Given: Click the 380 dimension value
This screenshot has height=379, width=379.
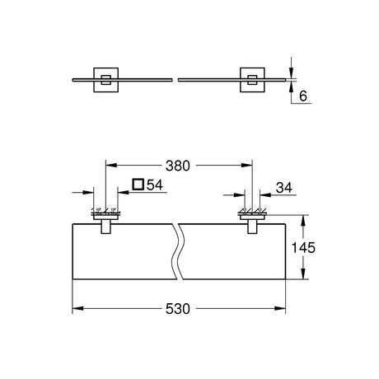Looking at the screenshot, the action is coord(178,166).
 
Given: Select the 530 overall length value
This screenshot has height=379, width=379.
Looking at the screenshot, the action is coord(178,309).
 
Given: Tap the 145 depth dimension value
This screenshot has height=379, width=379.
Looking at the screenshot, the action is coord(303,248).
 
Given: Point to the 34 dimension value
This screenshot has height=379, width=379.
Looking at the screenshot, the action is coord(284,188).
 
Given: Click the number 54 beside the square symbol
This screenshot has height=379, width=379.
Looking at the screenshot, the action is coord(155,185).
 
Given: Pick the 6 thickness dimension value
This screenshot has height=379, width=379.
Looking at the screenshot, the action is coord(303,96).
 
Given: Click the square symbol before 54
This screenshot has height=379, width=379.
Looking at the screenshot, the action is coord(138,184).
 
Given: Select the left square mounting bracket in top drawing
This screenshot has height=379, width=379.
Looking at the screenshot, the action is coord(106,80).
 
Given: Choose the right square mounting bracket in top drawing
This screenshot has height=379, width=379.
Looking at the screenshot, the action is coord(253,80).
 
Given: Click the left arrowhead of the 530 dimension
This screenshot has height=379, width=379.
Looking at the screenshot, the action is coord(77,309).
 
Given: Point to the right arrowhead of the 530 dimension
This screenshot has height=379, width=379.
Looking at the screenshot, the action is coord(280,309).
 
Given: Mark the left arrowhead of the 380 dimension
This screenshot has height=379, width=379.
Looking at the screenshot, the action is coord(111,166).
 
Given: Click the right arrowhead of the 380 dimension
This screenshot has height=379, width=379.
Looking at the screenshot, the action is coord(247,166).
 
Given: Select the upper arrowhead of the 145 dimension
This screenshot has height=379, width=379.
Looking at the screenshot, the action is coord(302,221).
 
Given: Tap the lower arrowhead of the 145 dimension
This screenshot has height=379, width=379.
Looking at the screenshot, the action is coord(302,274).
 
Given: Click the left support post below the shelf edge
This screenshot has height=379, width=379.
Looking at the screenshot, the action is coord(106,227).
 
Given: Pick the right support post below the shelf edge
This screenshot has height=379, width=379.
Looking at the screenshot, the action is coord(253,227).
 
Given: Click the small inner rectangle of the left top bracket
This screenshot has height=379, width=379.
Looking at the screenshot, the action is coord(105,80).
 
